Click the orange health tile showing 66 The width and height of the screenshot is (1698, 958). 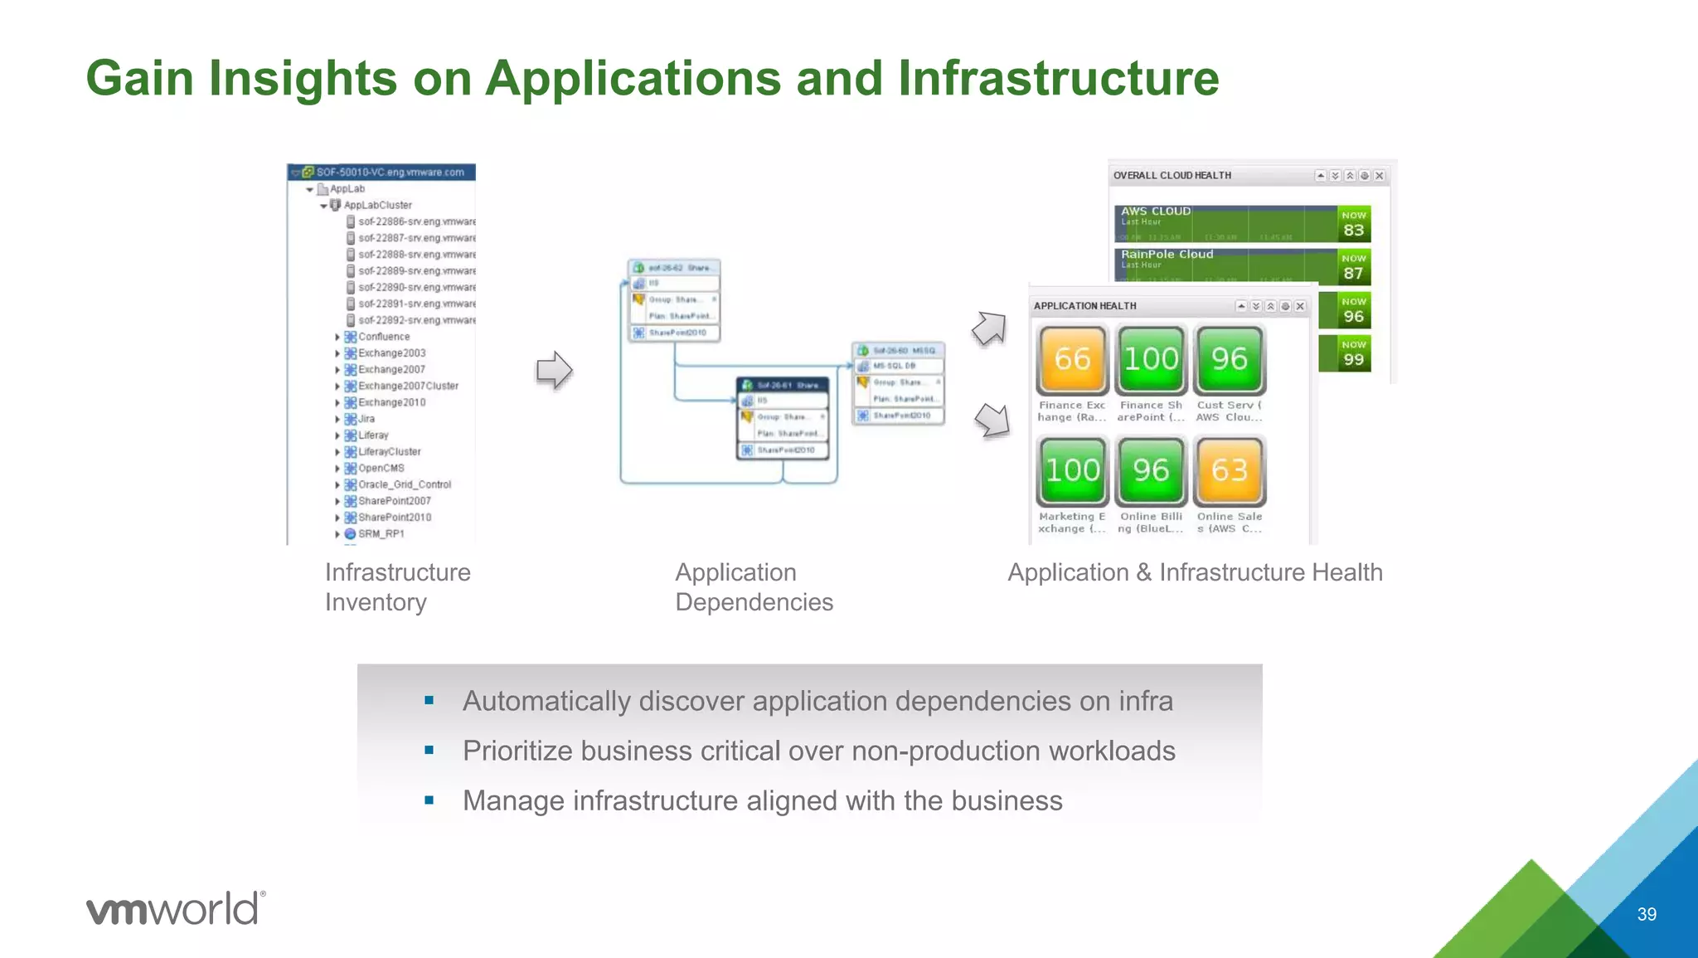pyautogui.click(x=1072, y=359)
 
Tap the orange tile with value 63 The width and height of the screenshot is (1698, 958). pyautogui.click(x=1229, y=470)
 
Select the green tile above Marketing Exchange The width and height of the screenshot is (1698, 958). pyautogui.click(x=1072, y=470)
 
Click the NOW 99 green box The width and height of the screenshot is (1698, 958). pyautogui.click(x=1353, y=354)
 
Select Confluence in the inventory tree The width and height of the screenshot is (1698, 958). pyautogui.click(x=383, y=337)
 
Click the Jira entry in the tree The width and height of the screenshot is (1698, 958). pyautogui.click(x=366, y=419)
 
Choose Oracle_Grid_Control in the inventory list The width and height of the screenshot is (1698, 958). pyautogui.click(x=404, y=484)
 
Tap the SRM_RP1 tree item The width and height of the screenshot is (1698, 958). pyautogui.click(x=381, y=534)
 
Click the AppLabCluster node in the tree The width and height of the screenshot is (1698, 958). pyautogui.click(x=377, y=205)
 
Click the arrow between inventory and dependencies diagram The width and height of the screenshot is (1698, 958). pyautogui.click(x=554, y=370)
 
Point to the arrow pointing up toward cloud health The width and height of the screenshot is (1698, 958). pyautogui.click(x=989, y=328)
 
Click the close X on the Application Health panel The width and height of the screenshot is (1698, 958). pyautogui.click(x=1300, y=306)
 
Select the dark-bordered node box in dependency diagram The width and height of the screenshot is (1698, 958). pyautogui.click(x=783, y=418)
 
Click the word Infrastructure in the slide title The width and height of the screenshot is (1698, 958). pyautogui.click(x=1058, y=79)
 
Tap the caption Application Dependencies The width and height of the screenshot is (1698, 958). pyautogui.click(x=753, y=587)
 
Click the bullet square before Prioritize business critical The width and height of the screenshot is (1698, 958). pyautogui.click(x=429, y=751)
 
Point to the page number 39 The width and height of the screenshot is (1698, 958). pyautogui.click(x=1647, y=914)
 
